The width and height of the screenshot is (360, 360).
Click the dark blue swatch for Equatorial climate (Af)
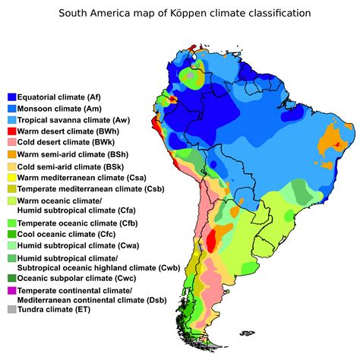(11, 97)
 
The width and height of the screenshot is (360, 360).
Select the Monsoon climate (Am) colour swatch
(11, 109)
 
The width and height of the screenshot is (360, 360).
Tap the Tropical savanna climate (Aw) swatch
(11, 120)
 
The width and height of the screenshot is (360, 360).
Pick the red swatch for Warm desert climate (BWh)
(11, 131)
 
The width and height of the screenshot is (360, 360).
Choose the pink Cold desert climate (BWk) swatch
(11, 143)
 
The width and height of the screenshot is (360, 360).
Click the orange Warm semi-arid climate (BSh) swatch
(11, 154)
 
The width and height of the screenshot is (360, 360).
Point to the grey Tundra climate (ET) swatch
(11, 309)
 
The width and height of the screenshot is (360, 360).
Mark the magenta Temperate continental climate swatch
(11, 291)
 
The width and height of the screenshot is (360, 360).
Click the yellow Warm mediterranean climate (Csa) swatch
(11, 177)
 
